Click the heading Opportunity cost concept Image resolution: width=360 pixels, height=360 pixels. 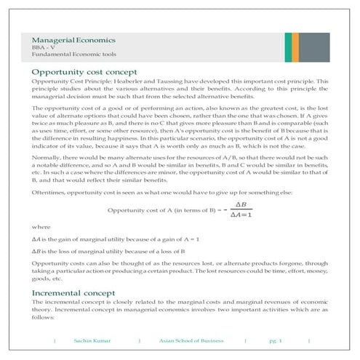tap(89, 72)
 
